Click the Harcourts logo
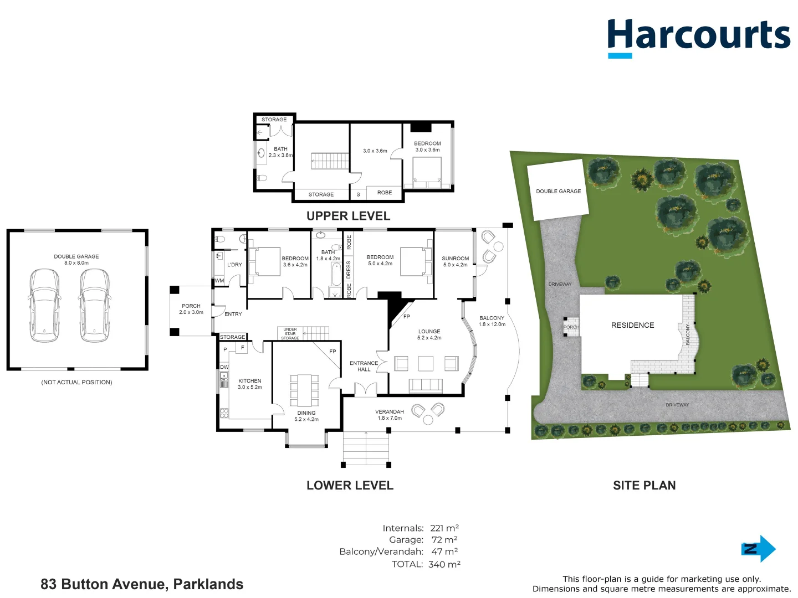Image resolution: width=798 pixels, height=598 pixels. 698,37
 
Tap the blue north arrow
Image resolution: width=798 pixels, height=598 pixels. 759,549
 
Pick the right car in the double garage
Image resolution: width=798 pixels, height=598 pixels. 94,305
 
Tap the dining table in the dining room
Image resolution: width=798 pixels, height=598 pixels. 305,390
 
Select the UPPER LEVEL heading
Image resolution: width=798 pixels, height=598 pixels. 348,216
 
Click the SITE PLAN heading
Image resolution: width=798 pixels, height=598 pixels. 644,486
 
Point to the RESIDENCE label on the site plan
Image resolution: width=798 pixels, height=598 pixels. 632,325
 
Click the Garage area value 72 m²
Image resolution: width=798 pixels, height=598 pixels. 444,540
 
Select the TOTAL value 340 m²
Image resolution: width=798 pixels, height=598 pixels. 444,564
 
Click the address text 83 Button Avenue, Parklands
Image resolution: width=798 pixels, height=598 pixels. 142,584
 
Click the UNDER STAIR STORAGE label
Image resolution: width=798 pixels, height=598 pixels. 290,333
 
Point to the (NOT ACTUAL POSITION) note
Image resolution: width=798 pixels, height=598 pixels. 76,382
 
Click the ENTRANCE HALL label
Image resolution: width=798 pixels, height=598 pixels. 364,366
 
